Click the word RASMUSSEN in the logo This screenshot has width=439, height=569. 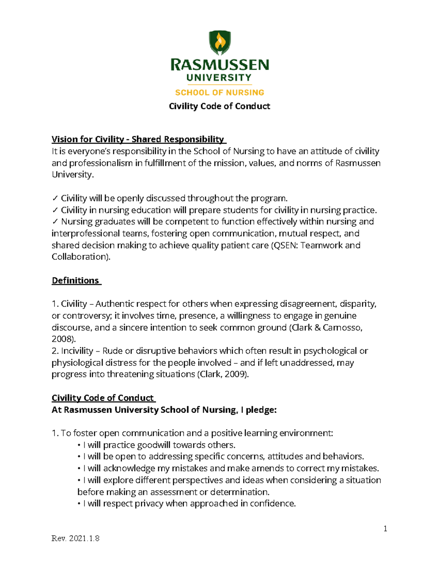click(x=219, y=66)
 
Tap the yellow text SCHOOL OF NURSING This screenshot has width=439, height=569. click(x=219, y=93)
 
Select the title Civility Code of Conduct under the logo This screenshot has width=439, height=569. click(x=219, y=106)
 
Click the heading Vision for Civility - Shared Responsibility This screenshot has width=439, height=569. click(x=138, y=139)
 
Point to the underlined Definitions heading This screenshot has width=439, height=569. click(x=75, y=281)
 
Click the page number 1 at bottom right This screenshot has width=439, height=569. click(x=385, y=528)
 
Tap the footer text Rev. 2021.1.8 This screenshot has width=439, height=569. click(x=75, y=539)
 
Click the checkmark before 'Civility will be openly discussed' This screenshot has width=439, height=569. click(x=55, y=199)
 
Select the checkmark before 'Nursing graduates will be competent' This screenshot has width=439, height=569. click(x=55, y=222)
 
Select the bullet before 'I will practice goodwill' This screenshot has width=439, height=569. click(x=79, y=446)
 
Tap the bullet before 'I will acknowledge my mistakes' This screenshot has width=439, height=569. click(x=79, y=469)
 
